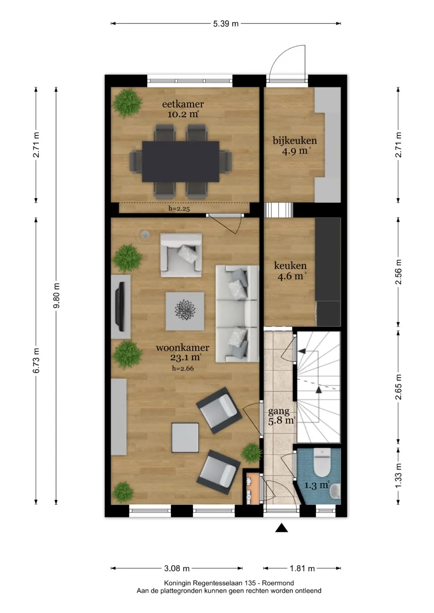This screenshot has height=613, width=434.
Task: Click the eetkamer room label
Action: [183, 104]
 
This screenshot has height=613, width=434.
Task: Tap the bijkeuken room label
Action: [295, 141]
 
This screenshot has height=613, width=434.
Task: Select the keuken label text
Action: [290, 265]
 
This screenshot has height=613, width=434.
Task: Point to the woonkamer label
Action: [182, 348]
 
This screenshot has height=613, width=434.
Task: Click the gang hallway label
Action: [278, 411]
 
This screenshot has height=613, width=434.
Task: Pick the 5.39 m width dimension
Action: [226, 24]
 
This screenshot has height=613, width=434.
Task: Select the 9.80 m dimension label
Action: [56, 295]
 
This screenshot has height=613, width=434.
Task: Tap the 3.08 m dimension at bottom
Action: [177, 568]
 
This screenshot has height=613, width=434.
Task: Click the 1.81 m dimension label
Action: [302, 568]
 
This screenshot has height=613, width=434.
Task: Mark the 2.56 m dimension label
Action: [398, 272]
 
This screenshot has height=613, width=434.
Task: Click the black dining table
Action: [180, 161]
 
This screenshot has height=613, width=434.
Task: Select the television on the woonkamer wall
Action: [120, 306]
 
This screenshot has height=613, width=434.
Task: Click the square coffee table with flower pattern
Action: [185, 311]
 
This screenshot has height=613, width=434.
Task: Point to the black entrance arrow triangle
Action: [281, 527]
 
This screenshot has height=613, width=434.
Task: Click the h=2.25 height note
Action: [179, 209]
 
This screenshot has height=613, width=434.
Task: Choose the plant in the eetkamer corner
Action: [127, 103]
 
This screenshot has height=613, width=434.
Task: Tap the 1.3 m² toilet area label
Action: [317, 485]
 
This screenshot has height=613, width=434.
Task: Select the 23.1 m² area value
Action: [186, 357]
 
